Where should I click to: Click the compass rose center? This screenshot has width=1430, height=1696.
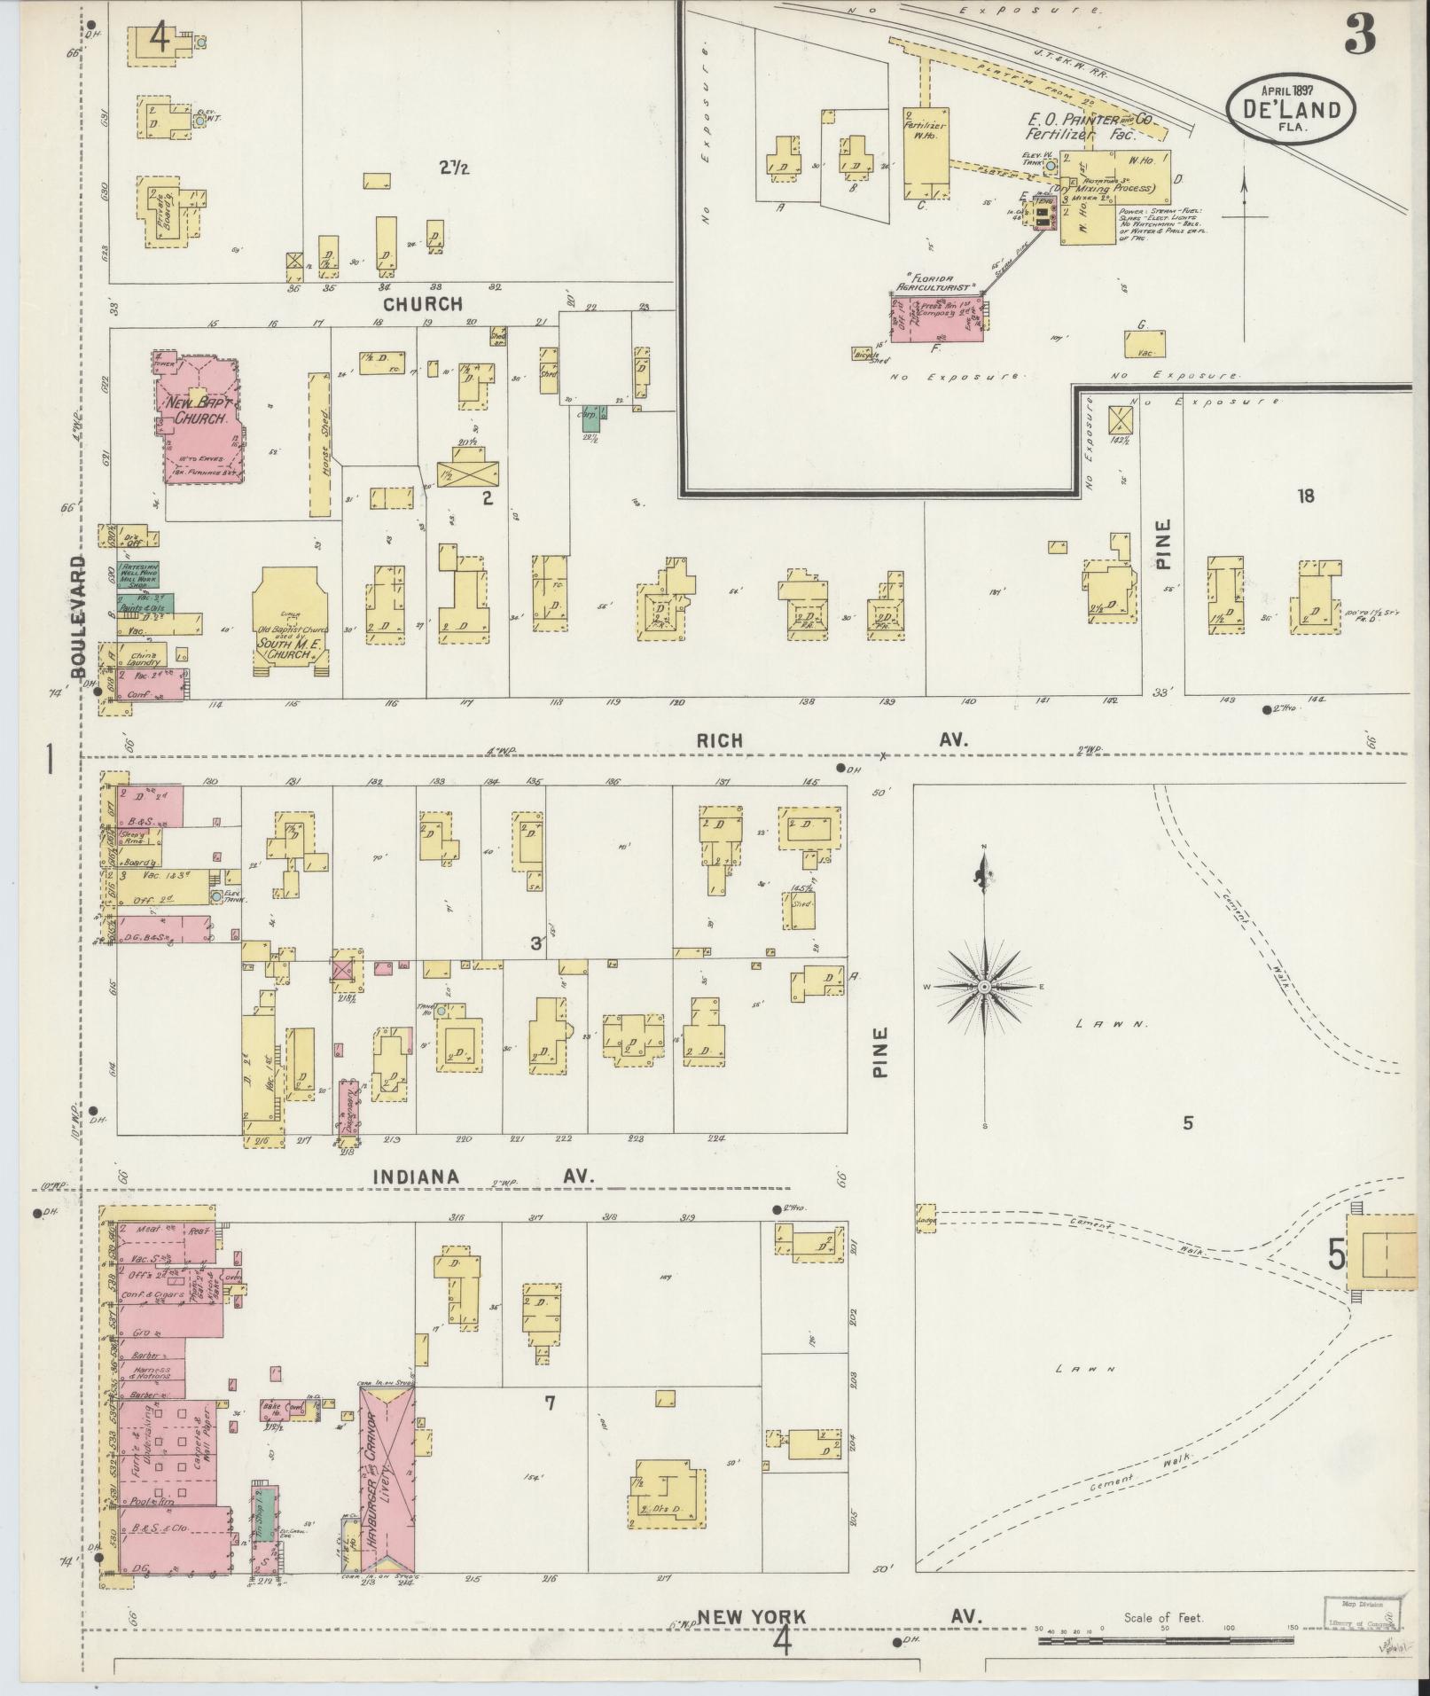click(x=984, y=987)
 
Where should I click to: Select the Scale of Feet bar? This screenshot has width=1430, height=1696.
click(x=1162, y=1642)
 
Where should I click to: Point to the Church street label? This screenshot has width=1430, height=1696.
click(x=423, y=304)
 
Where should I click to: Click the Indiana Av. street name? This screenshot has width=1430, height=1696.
click(x=416, y=1176)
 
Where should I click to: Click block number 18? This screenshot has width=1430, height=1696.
click(x=1305, y=496)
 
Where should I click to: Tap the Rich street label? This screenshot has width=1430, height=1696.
click(x=719, y=740)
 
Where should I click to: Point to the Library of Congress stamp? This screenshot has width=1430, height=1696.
click(x=1362, y=1613)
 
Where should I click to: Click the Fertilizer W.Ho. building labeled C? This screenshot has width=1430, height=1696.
click(x=926, y=153)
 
